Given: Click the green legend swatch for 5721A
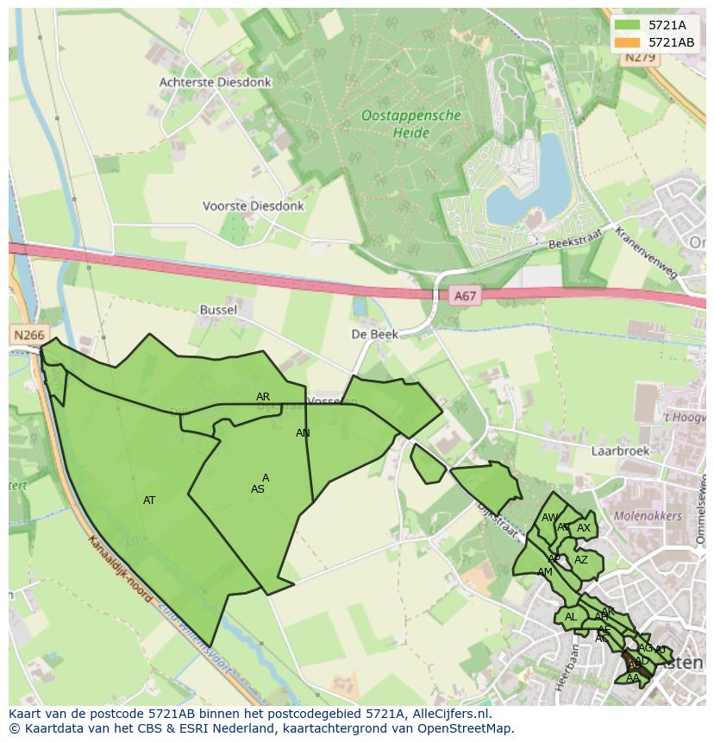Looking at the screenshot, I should pos(627,26).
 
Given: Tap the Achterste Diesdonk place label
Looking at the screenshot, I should pos(215,82).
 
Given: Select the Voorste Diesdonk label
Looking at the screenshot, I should pos(253,206).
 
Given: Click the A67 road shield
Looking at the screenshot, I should pos(464,296).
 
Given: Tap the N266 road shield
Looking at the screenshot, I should pos(28,334).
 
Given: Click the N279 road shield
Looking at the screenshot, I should pos(640,58).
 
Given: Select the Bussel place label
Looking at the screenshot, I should pos(217,309).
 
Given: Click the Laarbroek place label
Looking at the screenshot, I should pos(619,450).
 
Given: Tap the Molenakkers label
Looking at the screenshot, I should pos(648,516).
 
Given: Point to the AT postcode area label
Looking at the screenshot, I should pos(149,501).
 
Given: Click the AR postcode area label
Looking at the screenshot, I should pos(263,397).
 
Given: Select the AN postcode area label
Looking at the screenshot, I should pos(303,433).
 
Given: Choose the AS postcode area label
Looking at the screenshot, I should pos(257,489).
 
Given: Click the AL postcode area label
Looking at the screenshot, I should pos(570,617).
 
